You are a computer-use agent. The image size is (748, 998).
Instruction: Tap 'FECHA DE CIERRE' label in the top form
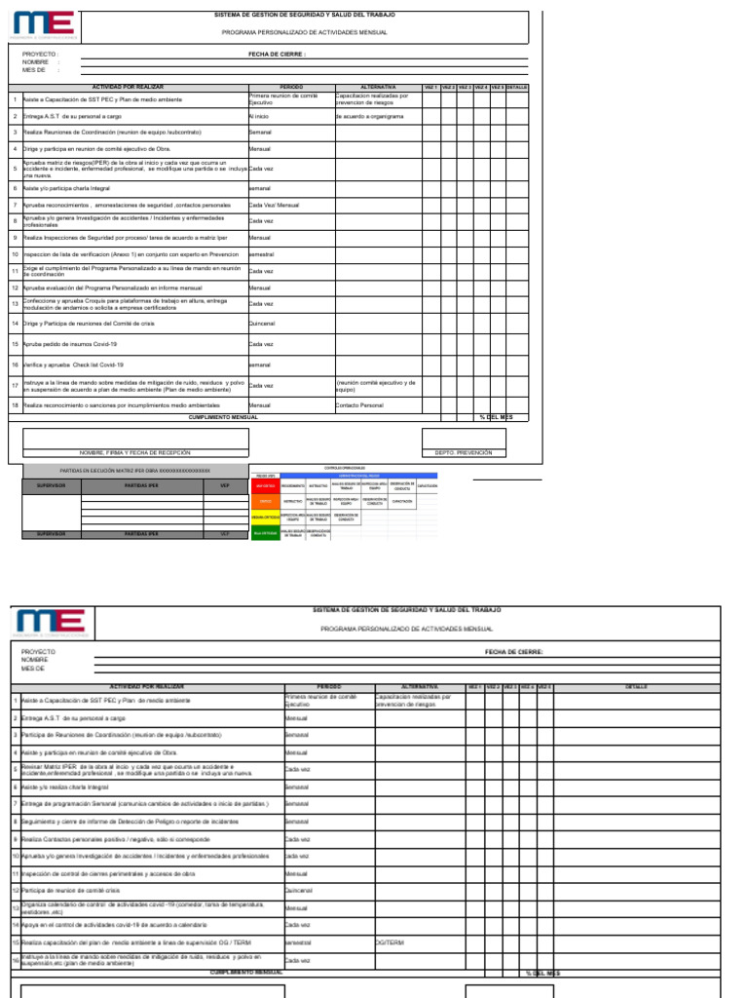pyautogui.click(x=277, y=55)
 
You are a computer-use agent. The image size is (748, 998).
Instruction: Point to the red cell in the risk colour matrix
pyautogui.click(x=265, y=484)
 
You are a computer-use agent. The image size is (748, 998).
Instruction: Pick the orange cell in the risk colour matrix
pyautogui.click(x=265, y=501)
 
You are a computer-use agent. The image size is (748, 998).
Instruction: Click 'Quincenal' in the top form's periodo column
pyautogui.click(x=262, y=323)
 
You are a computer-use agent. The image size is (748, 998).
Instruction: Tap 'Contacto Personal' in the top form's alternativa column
pyautogui.click(x=359, y=404)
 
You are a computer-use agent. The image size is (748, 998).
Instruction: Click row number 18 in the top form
pyautogui.click(x=15, y=404)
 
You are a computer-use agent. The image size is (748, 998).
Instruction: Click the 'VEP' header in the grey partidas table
pyautogui.click(x=225, y=484)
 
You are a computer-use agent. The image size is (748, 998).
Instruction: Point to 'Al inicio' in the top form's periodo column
pyautogui.click(x=258, y=116)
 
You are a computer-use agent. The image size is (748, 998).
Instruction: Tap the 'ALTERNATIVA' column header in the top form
pyautogui.click(x=378, y=87)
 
